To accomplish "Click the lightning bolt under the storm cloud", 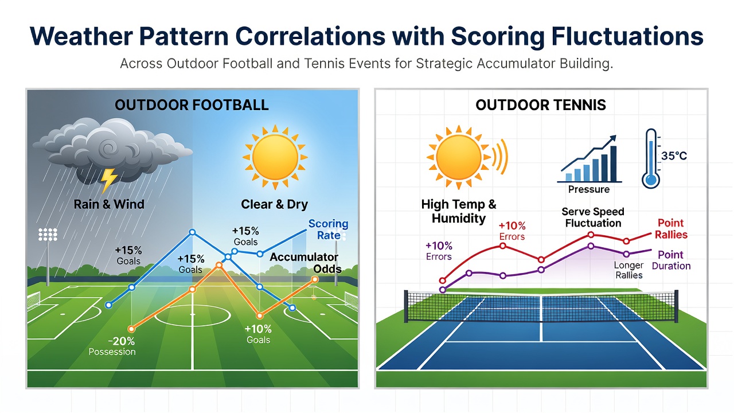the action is (x=108, y=180).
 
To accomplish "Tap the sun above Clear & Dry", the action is (x=275, y=157).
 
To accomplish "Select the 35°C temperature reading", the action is (x=674, y=155).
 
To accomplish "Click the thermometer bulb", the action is (x=651, y=180).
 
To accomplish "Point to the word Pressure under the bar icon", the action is (x=589, y=189).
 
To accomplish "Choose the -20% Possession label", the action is (x=112, y=346).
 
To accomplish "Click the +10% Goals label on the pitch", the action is (x=258, y=334).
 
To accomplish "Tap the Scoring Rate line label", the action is (x=329, y=229).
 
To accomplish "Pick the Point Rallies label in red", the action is (x=671, y=229).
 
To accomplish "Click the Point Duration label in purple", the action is (x=671, y=260).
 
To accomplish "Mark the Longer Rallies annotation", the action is (x=629, y=270).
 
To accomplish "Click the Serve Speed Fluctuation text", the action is (x=593, y=217).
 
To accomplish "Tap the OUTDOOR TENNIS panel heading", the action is (x=541, y=105).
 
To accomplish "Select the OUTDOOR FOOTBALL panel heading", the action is (x=192, y=105).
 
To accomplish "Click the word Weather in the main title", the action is (x=81, y=36).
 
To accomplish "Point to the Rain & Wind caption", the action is (x=109, y=204).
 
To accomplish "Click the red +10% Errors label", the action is (x=512, y=231).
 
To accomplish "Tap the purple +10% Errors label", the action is (x=439, y=251).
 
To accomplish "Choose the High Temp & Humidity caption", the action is (x=459, y=212).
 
